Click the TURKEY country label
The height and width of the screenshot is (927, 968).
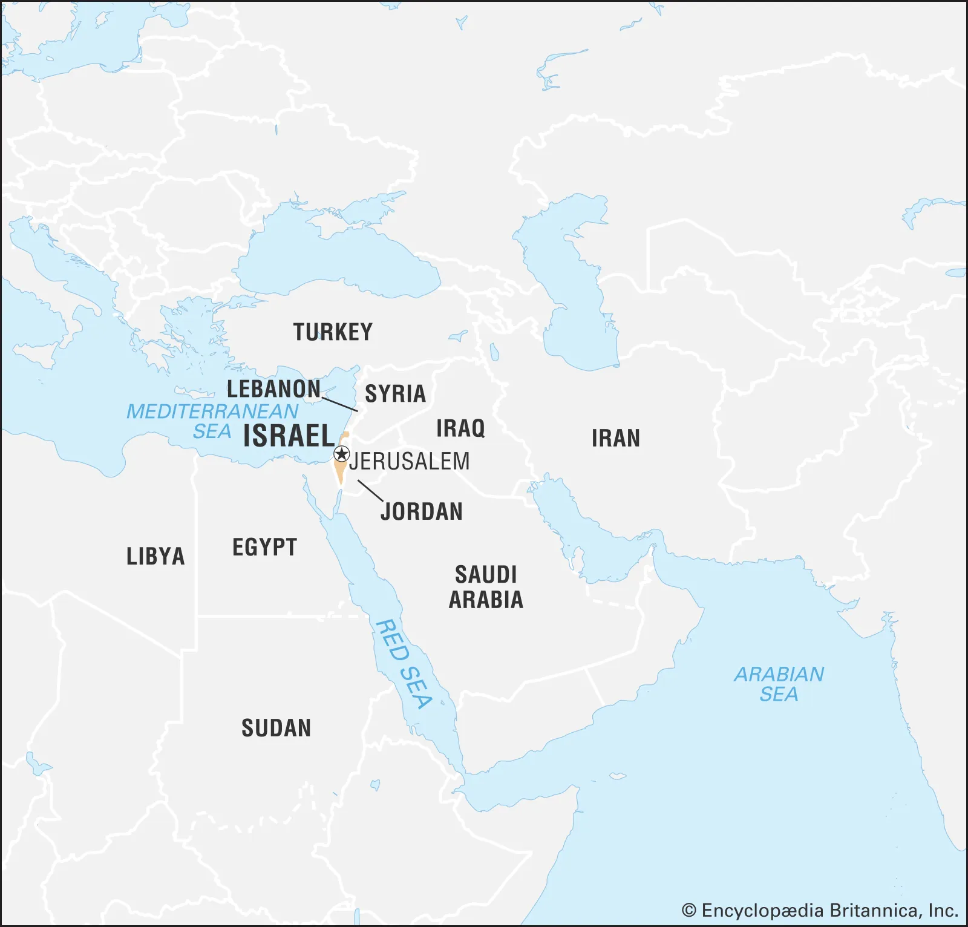(x=333, y=332)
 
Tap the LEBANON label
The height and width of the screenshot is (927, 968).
(x=273, y=389)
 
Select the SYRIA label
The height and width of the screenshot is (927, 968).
(x=395, y=394)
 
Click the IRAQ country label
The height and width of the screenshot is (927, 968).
(x=460, y=428)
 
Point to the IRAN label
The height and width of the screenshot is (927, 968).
(x=615, y=438)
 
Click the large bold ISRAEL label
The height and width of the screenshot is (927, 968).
(x=289, y=436)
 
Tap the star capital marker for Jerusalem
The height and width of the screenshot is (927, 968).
(x=342, y=454)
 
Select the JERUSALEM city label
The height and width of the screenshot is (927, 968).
(x=410, y=462)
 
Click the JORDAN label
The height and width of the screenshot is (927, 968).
(x=422, y=512)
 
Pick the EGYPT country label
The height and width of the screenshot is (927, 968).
(x=264, y=548)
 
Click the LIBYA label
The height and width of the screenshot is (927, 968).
(x=155, y=557)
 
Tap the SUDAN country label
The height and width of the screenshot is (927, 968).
(x=276, y=728)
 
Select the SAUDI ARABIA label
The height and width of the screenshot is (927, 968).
(x=486, y=587)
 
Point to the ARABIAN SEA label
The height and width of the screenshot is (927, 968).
(x=779, y=684)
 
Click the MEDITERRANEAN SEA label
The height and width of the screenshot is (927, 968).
(x=212, y=421)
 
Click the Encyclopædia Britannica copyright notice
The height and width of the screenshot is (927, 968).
(x=820, y=911)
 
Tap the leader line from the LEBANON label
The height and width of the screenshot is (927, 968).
(x=339, y=404)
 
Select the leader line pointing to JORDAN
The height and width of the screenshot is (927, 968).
(x=370, y=490)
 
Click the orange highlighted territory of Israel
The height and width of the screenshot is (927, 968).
(x=341, y=471)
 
